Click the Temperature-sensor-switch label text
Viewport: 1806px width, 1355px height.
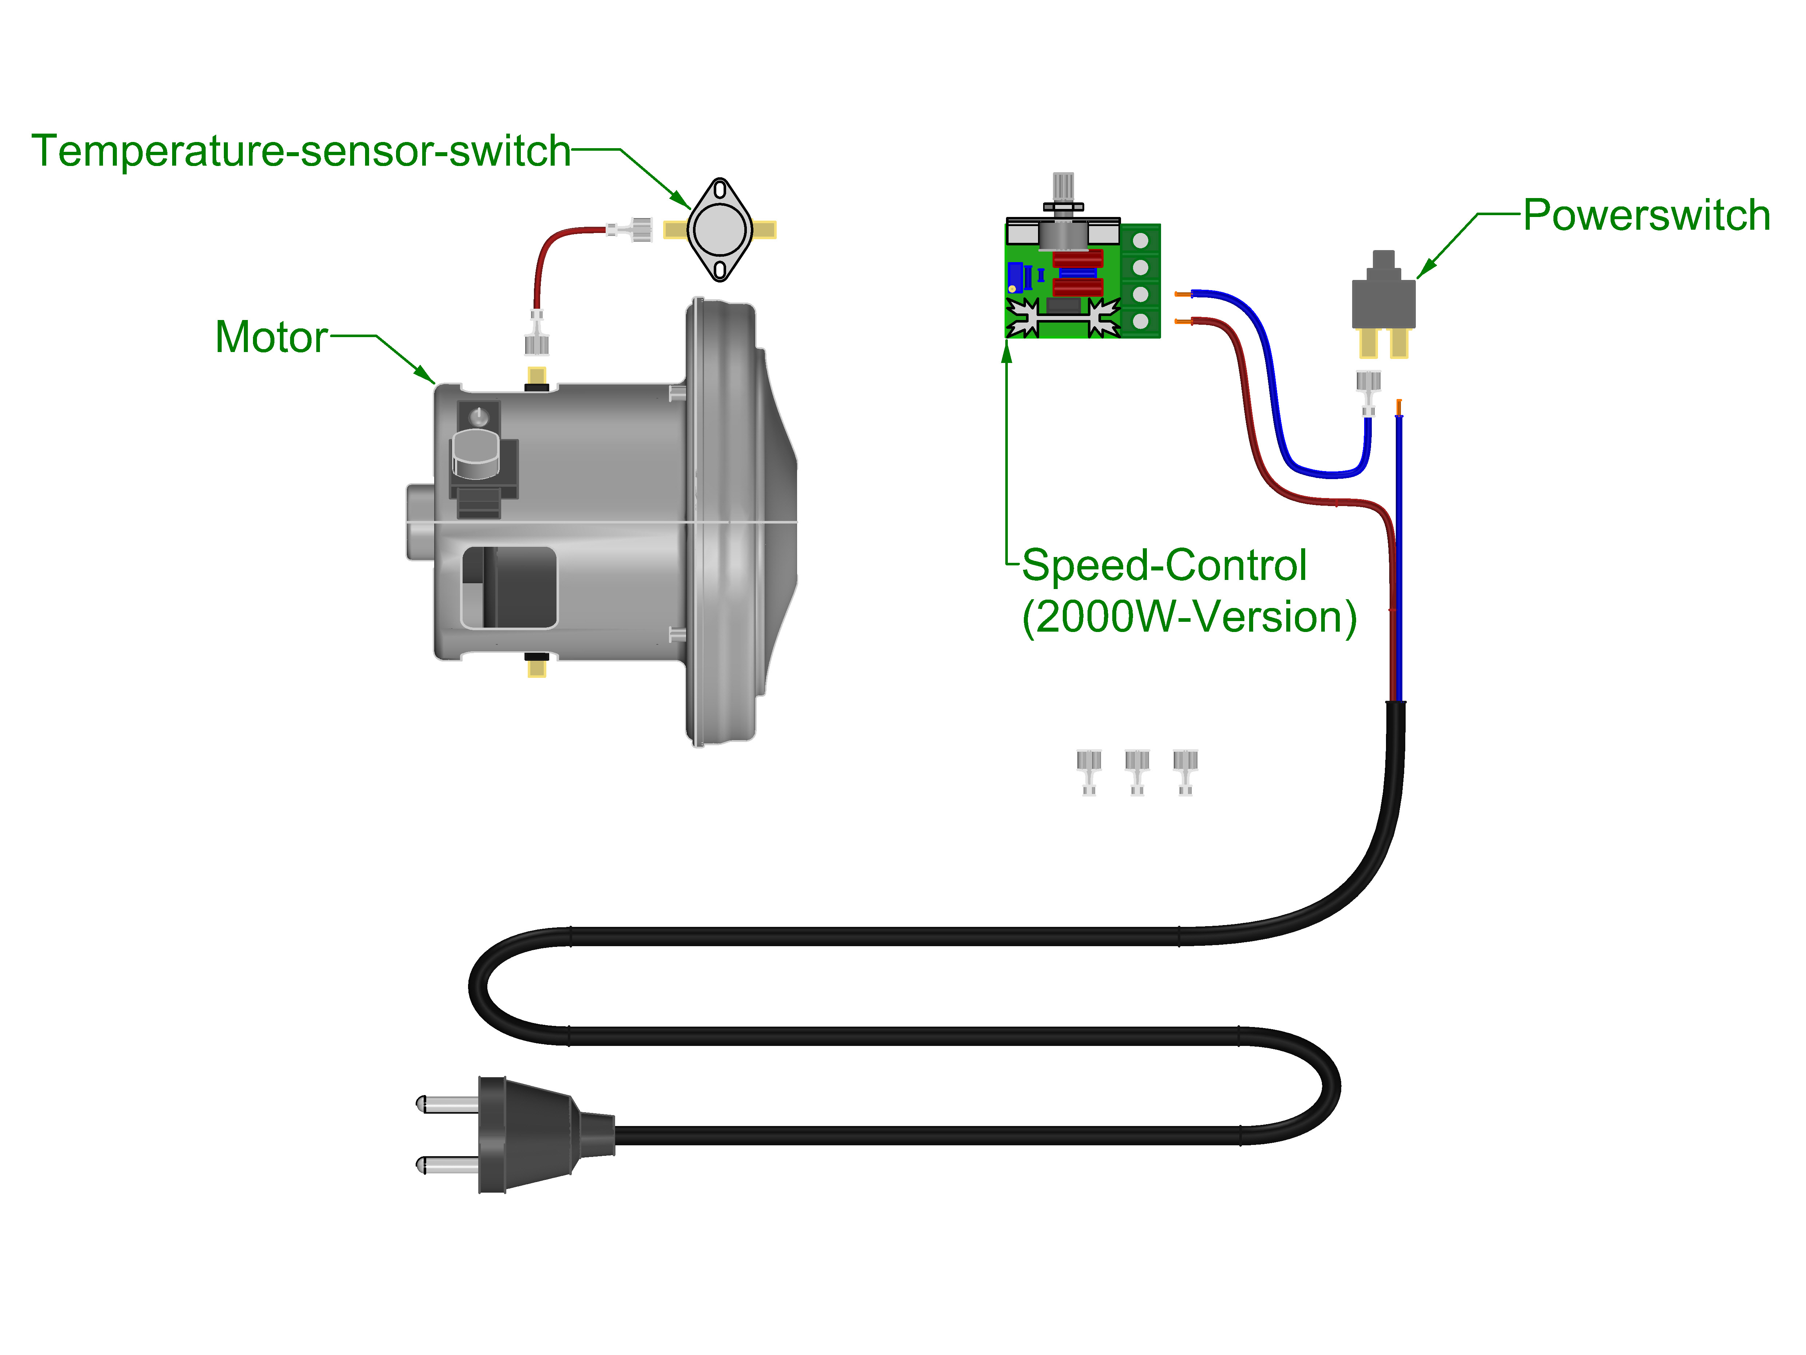[301, 151]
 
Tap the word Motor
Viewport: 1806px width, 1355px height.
[271, 337]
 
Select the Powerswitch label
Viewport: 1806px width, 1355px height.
[1646, 216]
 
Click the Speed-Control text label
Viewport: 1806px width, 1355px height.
[1164, 565]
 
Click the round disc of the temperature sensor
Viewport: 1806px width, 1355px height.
[719, 229]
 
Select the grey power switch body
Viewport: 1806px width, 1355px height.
[1383, 302]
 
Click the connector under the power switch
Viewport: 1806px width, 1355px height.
[1369, 390]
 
